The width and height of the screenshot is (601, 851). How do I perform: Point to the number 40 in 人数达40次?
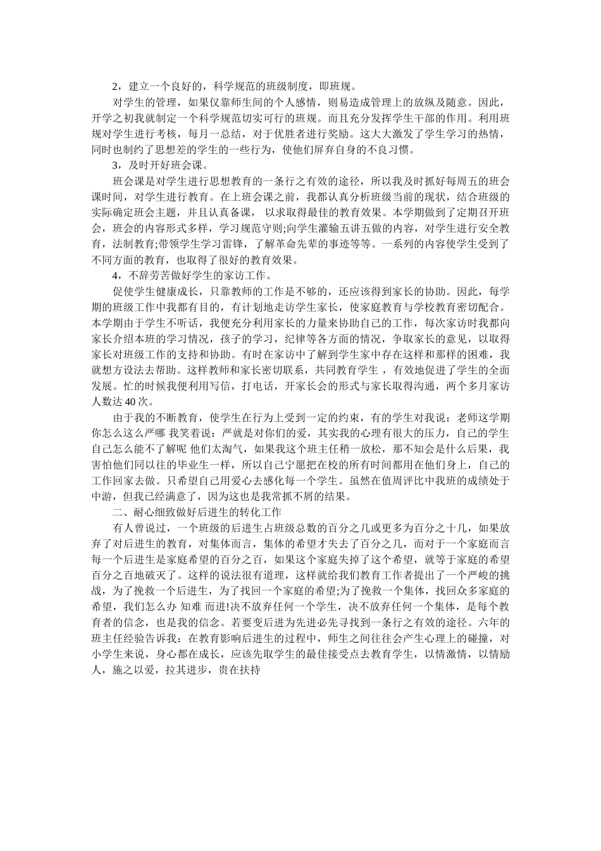pos(130,402)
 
